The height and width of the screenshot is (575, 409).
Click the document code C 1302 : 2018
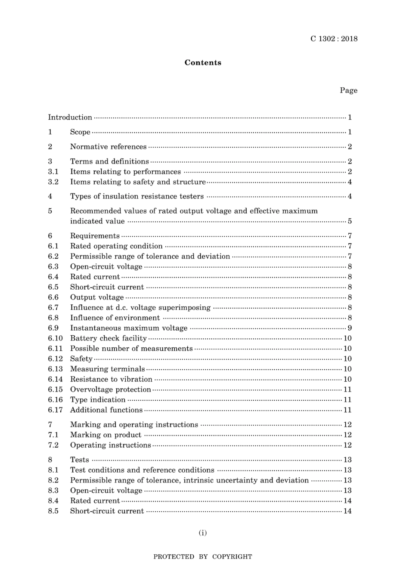click(334, 39)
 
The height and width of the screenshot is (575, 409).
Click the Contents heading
click(203, 62)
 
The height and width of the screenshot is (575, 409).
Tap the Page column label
click(348, 90)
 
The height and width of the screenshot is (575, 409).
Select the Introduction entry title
click(70, 117)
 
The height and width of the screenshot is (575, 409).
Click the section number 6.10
click(55, 338)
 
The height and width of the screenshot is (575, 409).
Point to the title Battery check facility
click(108, 338)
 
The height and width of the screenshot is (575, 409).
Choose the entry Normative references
click(108, 147)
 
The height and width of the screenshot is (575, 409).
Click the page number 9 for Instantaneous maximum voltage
click(350, 328)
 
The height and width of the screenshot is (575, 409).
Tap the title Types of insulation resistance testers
click(137, 196)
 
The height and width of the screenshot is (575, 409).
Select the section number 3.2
click(53, 182)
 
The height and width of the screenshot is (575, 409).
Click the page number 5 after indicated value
click(350, 221)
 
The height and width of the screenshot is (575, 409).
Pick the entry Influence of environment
click(115, 318)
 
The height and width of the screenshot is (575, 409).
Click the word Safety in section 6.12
click(81, 359)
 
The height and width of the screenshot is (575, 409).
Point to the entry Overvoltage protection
click(110, 390)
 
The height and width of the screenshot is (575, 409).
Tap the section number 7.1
click(53, 435)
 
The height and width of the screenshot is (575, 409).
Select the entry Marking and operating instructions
click(134, 425)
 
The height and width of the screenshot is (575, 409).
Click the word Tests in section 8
click(80, 460)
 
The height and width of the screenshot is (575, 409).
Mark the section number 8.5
click(53, 511)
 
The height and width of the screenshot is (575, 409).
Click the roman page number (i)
click(203, 533)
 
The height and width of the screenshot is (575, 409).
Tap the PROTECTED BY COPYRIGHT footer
click(203, 556)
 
